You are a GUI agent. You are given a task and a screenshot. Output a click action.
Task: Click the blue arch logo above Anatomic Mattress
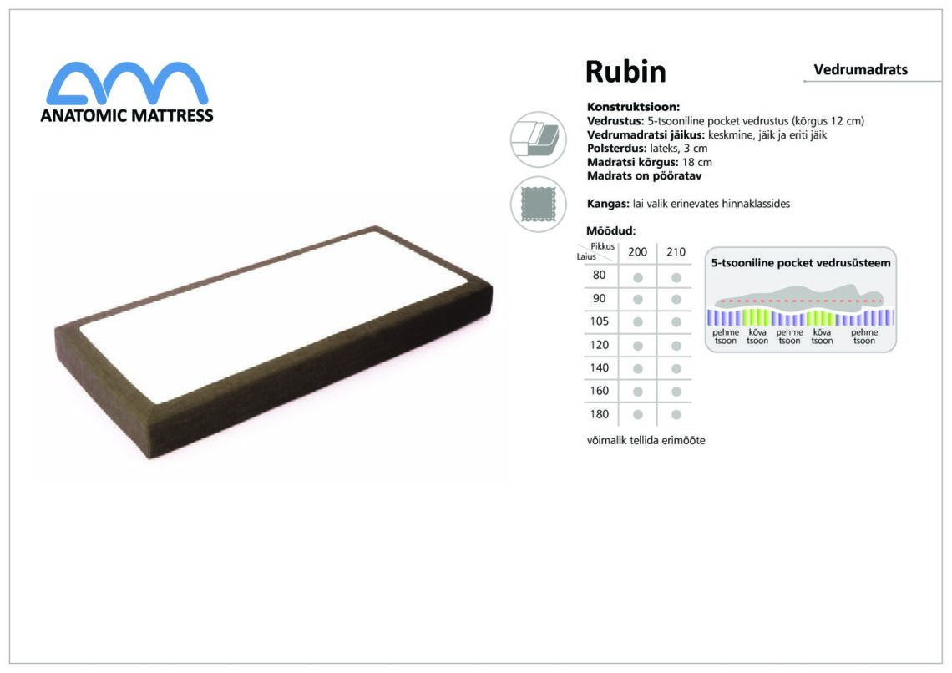pos(127,83)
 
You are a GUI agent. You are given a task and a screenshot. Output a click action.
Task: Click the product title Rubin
pos(625,72)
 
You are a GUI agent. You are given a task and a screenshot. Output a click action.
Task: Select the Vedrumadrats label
pos(860,70)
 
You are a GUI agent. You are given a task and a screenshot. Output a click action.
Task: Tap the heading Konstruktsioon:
pos(633,107)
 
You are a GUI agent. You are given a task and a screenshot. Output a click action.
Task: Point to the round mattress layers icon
pos(538,139)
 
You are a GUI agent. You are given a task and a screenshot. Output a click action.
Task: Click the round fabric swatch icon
pos(538,204)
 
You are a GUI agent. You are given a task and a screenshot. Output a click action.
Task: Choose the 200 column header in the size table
pos(637,252)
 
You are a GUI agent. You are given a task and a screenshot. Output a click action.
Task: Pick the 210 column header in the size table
pos(676,252)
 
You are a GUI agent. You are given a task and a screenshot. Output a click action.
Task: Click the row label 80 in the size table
pos(600,275)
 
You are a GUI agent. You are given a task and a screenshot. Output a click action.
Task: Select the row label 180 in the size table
pos(600,414)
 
